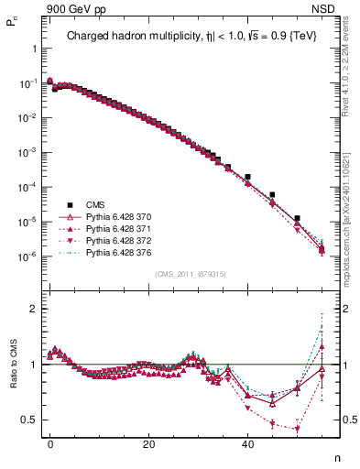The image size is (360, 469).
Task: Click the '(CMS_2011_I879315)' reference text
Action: coord(189,274)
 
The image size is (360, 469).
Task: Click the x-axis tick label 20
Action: coord(148,442)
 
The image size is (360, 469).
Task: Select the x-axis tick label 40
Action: coord(247,442)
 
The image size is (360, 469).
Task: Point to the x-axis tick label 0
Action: coord(49,442)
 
